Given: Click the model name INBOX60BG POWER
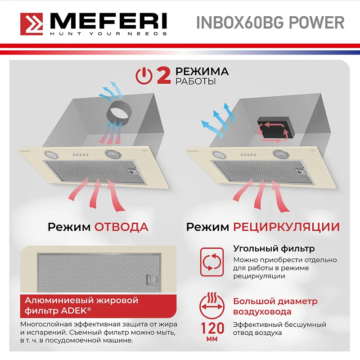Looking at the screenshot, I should (270, 22).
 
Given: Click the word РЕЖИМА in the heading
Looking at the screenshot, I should (202, 72).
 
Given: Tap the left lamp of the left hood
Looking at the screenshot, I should (53, 155).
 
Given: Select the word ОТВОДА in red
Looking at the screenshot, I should (121, 226).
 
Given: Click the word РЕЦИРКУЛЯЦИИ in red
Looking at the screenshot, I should (286, 226).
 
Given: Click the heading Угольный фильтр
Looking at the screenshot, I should (274, 248).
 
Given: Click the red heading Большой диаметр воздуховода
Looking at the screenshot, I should (275, 306).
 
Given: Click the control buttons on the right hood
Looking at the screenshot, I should (249, 154).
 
